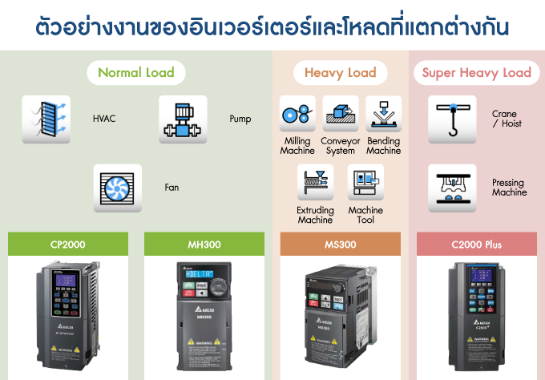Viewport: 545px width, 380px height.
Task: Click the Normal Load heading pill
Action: (136, 73)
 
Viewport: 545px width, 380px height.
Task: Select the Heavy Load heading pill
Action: (340, 73)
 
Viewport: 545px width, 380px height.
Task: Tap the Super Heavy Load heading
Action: (477, 73)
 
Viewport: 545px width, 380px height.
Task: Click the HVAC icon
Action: (46, 119)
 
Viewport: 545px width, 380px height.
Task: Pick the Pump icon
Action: (183, 119)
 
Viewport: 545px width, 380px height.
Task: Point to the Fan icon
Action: (118, 188)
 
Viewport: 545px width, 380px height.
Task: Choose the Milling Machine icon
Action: (297, 114)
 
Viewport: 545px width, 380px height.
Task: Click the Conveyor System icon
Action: (341, 114)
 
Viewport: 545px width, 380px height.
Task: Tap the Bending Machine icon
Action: (383, 114)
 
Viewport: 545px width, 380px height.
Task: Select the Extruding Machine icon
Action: (315, 183)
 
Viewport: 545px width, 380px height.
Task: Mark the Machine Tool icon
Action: (365, 183)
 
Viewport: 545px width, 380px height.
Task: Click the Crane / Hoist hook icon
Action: (452, 118)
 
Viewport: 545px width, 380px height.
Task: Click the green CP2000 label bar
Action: (67, 245)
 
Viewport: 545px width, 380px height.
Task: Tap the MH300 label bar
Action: (204, 245)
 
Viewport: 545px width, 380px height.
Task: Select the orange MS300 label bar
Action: (340, 245)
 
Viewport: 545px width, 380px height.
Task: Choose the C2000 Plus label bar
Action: (477, 245)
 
